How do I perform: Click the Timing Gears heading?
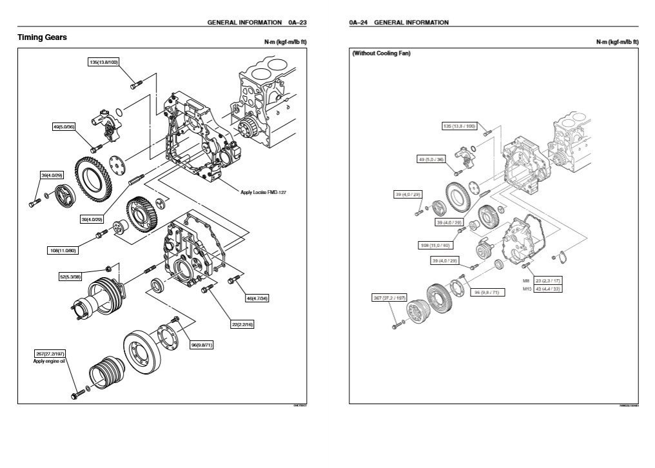[x=42, y=37]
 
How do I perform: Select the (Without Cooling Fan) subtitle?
[x=381, y=54]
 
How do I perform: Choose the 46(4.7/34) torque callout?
[x=257, y=298]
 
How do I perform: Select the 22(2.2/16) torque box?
[x=242, y=324]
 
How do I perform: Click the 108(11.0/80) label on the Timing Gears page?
[x=63, y=250]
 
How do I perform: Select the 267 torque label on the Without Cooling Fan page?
[x=389, y=298]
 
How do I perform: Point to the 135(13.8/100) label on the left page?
[x=103, y=63]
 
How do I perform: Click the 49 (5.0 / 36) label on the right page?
[x=431, y=159]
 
